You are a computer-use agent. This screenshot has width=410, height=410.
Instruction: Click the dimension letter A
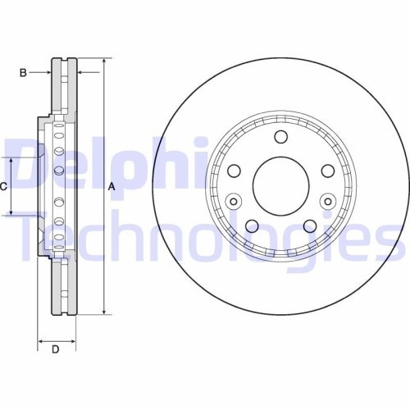pos(112,186)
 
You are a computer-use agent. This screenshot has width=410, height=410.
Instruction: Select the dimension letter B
pos(24,73)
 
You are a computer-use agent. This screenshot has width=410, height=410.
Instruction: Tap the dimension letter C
pos(3,186)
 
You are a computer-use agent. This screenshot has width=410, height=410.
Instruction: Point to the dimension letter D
pos(56,351)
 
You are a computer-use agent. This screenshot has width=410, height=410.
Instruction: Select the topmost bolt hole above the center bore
pos(280,138)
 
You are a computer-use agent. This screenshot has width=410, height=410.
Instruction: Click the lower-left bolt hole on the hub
pos(252,225)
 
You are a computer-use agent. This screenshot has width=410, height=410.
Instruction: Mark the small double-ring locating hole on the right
pos(328,201)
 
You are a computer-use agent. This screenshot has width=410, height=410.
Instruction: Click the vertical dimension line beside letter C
pos(11,186)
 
